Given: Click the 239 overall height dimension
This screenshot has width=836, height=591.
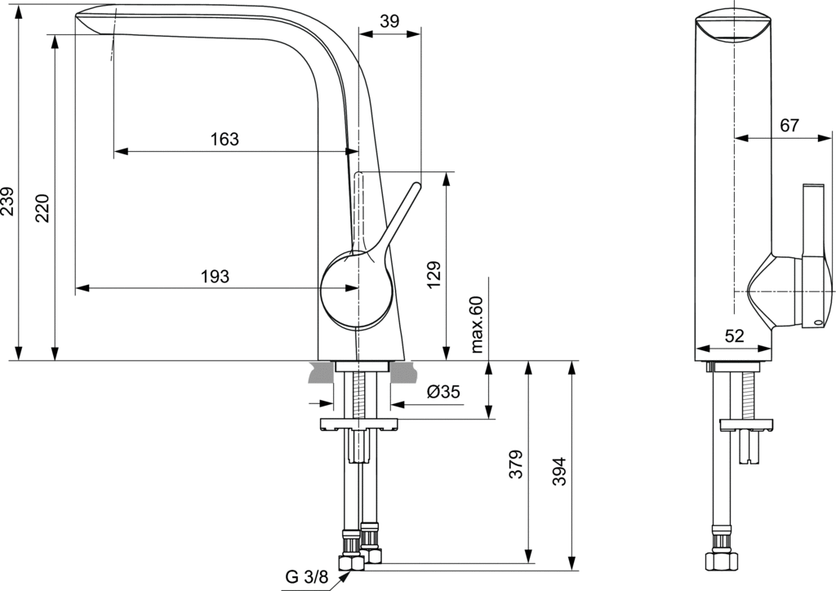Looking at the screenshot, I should pos(8,201).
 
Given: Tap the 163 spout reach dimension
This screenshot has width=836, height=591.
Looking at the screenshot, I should pos(225,139).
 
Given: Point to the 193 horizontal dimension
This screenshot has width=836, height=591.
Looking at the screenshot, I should pos(215,277).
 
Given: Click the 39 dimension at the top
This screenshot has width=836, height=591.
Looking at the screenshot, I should pos(390,22).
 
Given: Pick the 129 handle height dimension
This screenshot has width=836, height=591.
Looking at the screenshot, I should pos(434,276).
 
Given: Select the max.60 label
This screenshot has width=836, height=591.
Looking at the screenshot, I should pos(478,325).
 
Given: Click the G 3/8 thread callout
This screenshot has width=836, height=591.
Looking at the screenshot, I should pos(306,578).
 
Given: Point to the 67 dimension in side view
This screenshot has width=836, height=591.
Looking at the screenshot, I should pos(789,126).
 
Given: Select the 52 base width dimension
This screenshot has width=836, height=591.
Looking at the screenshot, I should pos(735,335).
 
